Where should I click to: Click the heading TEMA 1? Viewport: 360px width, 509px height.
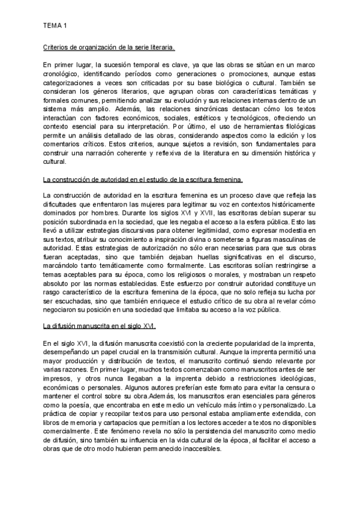tap(55, 26)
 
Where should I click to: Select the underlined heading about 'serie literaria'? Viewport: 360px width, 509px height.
tap(109, 47)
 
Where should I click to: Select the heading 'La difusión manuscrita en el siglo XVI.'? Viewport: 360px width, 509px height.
tap(100, 326)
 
